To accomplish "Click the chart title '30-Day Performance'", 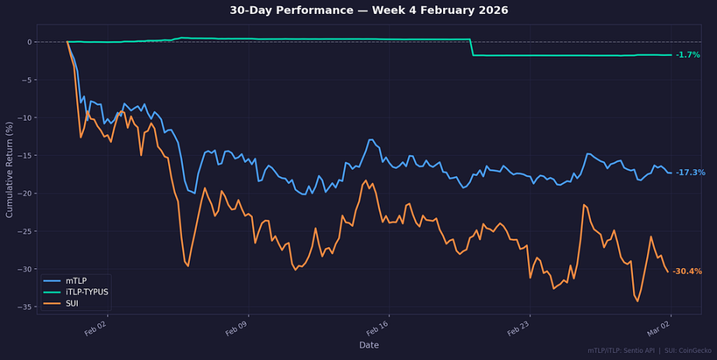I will (369, 10).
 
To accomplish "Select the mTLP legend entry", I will (77, 280).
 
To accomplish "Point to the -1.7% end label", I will (687, 55).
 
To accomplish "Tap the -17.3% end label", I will (690, 173).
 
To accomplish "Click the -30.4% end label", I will (687, 271).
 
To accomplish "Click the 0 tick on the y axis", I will (29, 42).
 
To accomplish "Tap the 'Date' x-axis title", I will (369, 344).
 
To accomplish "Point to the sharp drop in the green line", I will (472, 47).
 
